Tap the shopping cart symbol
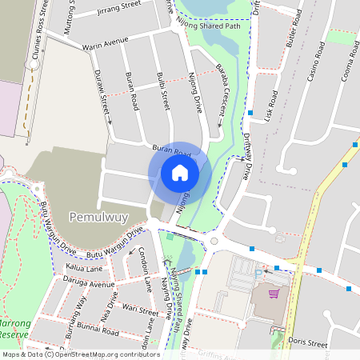(274, 294)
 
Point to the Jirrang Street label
(118, 6)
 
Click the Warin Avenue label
(105, 43)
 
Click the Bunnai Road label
(98, 330)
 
